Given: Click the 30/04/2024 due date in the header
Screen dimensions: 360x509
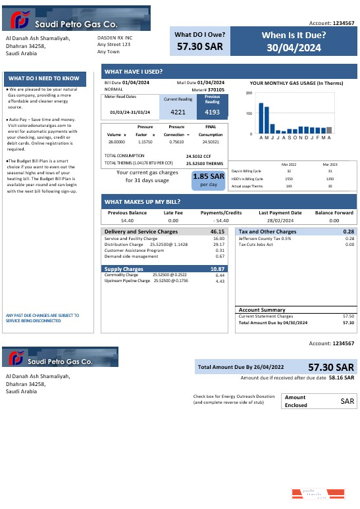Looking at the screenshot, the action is click(x=294, y=48).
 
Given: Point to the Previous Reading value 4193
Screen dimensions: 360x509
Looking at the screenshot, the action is click(x=212, y=112).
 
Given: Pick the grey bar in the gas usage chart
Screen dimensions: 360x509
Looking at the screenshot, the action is click(x=329, y=130).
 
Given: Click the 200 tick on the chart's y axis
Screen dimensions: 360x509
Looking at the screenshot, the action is click(x=249, y=93).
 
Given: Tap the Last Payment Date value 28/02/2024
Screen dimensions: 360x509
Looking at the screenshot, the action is click(x=280, y=221).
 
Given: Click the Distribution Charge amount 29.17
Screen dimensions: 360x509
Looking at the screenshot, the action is click(x=219, y=245).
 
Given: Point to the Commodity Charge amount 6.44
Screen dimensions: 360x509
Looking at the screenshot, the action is click(x=220, y=275).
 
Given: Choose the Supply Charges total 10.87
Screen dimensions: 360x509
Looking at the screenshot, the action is click(x=217, y=269).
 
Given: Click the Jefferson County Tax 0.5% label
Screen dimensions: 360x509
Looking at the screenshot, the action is click(x=265, y=239).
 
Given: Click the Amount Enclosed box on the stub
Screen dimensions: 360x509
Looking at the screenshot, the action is click(x=318, y=400).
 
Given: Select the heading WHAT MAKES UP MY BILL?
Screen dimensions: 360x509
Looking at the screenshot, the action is click(x=143, y=202).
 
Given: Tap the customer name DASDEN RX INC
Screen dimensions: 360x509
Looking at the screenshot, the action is click(x=115, y=38).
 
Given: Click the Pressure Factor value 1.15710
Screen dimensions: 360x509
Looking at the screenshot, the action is click(x=145, y=141).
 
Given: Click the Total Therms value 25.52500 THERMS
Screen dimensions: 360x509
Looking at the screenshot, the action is click(x=203, y=163).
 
